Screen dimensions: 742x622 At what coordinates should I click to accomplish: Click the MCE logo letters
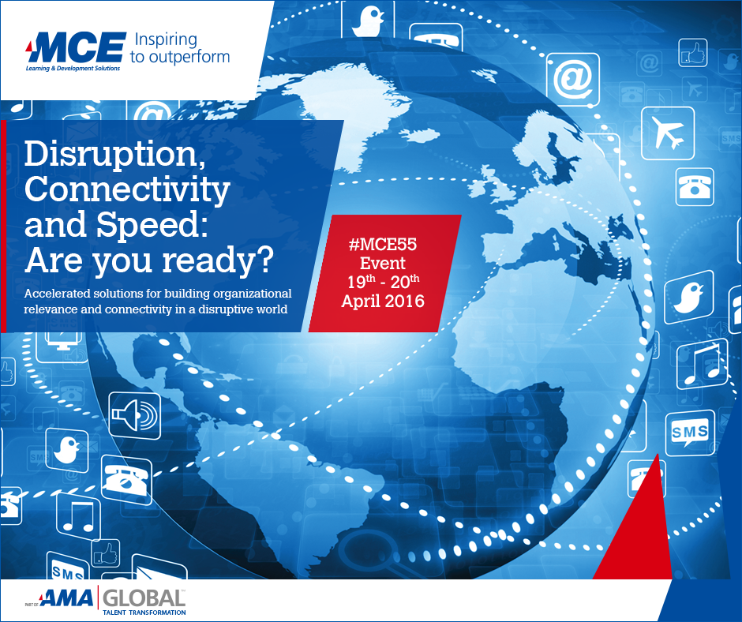click(78, 47)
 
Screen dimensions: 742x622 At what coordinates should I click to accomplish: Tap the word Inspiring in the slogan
click(166, 39)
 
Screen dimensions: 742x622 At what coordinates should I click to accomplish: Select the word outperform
click(189, 58)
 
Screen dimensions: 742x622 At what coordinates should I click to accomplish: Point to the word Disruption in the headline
click(115, 154)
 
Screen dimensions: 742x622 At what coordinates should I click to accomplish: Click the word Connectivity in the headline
click(127, 189)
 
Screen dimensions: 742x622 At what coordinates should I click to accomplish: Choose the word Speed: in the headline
click(152, 224)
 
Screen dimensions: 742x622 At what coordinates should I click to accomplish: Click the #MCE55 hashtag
click(383, 244)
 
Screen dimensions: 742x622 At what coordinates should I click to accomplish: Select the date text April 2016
click(383, 301)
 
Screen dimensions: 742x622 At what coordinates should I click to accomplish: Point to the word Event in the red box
click(383, 263)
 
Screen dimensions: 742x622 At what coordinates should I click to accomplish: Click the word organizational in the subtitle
click(253, 294)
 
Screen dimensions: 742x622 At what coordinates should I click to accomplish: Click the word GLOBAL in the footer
click(144, 598)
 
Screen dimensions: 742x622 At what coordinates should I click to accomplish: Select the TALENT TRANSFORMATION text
click(144, 613)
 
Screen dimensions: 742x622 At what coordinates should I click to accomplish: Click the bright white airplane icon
click(668, 133)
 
